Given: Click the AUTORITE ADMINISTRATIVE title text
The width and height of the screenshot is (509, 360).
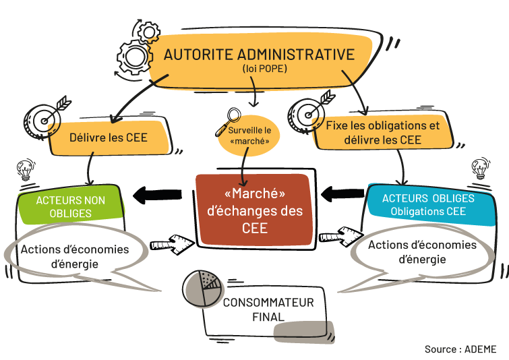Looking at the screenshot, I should pos(259,55).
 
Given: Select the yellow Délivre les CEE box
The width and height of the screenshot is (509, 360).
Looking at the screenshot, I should pos(109,138).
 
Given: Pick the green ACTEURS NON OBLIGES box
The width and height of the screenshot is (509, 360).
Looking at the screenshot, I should pos(71,206).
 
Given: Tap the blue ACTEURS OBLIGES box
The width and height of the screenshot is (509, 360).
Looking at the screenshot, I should pos(428,204).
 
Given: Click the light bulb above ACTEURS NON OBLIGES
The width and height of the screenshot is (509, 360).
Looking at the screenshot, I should pos(26,169).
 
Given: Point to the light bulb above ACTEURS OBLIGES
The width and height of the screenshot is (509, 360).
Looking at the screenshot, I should pos(480,167).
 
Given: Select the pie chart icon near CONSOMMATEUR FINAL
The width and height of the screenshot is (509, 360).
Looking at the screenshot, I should pos(202,289).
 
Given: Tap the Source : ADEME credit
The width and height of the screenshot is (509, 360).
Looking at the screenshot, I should pos(460,349).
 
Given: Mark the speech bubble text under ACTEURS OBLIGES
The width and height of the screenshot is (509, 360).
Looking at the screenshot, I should pos(422,251).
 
